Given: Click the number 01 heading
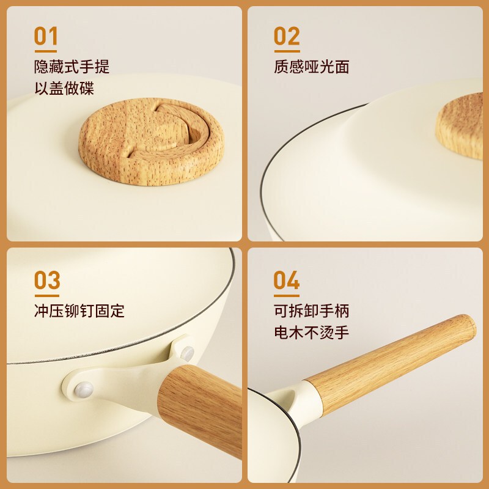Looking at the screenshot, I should click(x=46, y=36).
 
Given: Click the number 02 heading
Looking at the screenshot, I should click(x=287, y=36).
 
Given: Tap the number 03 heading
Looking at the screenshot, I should click(x=47, y=281).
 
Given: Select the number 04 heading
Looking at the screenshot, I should click(x=287, y=281).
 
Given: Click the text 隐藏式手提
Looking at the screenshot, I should click(x=72, y=67).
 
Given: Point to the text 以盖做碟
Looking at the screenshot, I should click(x=64, y=88).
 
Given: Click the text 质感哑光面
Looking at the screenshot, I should click(x=312, y=67).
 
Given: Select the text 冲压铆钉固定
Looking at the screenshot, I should click(x=79, y=311).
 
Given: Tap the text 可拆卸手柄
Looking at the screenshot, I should click(x=312, y=311).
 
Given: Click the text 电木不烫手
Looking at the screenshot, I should click(x=312, y=333).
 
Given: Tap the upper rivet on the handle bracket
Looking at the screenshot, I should click(x=187, y=353).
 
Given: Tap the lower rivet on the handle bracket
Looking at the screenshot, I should click(x=83, y=389).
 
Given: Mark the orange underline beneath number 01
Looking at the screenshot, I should click(x=46, y=51).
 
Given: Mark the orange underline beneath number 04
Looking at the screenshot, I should click(x=287, y=296).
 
